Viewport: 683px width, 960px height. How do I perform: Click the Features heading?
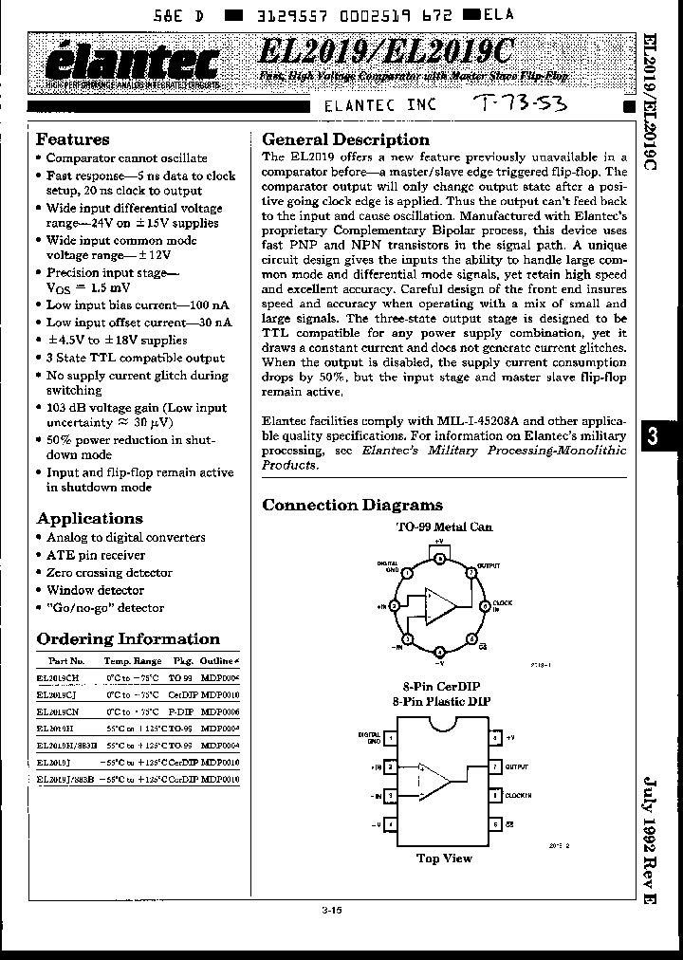[x=73, y=139]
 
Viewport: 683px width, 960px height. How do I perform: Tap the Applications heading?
[x=89, y=518]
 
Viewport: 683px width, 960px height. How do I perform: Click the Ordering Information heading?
[x=128, y=638]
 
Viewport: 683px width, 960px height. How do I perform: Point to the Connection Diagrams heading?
[x=352, y=505]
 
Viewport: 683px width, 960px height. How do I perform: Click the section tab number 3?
[x=653, y=436]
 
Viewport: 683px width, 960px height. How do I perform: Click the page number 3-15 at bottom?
[x=331, y=910]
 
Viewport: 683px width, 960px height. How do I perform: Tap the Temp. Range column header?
[x=132, y=660]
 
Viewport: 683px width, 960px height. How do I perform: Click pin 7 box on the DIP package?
[x=494, y=766]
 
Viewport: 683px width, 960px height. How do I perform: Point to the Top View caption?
[x=444, y=858]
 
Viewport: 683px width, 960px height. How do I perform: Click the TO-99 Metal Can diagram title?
[x=444, y=526]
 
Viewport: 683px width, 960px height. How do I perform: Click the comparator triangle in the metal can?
[x=440, y=604]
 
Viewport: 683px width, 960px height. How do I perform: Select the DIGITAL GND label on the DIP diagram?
[x=369, y=737]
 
